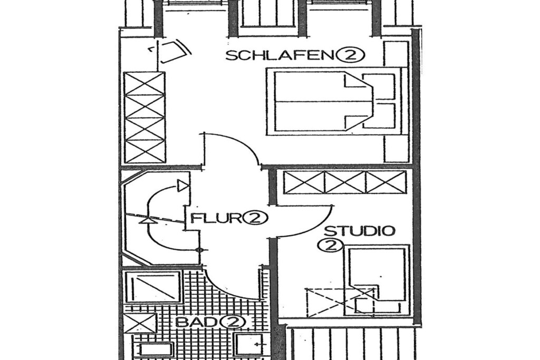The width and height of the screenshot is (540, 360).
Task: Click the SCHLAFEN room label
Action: (281, 55)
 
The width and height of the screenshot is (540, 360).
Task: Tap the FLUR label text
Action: (216, 218)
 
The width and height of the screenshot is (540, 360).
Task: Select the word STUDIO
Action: (360, 230)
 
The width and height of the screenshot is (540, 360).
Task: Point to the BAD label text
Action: (196, 323)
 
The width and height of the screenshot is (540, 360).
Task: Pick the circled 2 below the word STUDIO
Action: (330, 246)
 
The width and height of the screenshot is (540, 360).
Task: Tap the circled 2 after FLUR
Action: (256, 218)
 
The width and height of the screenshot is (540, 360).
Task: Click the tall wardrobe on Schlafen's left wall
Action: (144, 117)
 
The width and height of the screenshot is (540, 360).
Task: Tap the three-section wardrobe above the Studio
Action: (344, 182)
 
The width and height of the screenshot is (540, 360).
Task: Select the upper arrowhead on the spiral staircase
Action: (182, 186)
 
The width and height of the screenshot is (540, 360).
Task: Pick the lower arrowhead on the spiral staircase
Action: (148, 221)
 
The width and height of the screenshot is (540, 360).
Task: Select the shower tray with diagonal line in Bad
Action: (151, 287)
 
